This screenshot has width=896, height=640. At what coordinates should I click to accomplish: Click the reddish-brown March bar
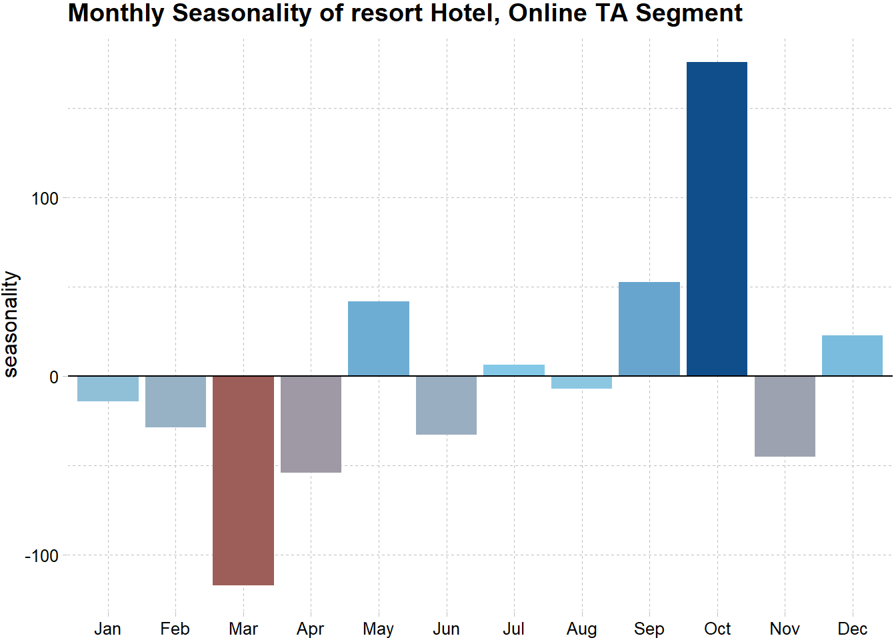(243, 480)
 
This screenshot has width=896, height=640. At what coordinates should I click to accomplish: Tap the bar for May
(379, 339)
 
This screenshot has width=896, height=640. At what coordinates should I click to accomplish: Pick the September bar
(649, 329)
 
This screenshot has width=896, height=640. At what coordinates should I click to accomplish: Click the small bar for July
(514, 370)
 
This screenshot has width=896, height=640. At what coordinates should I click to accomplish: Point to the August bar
(581, 382)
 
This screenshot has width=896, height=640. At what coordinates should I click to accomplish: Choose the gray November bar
(785, 416)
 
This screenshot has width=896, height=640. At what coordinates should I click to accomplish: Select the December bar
(852, 355)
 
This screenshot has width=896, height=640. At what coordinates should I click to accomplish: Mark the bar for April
(311, 424)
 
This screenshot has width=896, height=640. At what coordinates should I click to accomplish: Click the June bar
(446, 405)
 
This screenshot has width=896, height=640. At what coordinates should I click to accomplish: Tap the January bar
(108, 389)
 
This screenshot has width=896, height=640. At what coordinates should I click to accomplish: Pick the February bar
(175, 401)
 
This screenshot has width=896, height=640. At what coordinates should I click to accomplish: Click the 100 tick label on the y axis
(45, 199)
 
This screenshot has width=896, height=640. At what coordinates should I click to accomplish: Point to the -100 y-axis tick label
(42, 556)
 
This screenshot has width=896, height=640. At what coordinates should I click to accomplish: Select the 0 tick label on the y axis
(54, 377)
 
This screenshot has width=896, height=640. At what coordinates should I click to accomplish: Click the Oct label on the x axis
(717, 629)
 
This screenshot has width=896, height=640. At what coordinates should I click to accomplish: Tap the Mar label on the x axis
(243, 629)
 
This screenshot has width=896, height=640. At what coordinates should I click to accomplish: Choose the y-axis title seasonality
(11, 324)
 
